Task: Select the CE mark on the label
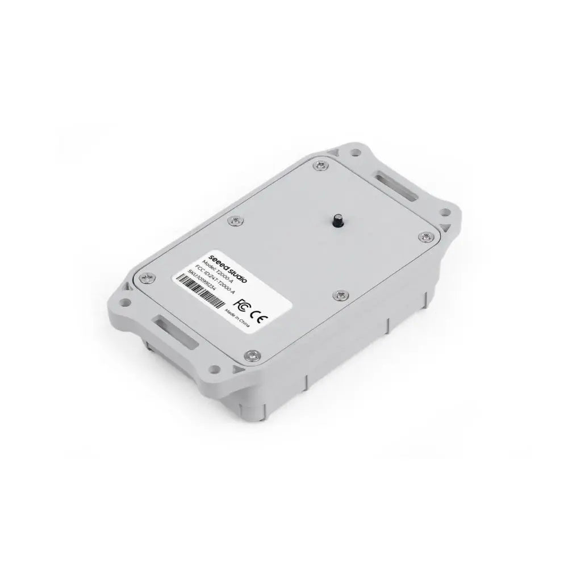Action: pos(258,313)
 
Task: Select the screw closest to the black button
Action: pos(339,294)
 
